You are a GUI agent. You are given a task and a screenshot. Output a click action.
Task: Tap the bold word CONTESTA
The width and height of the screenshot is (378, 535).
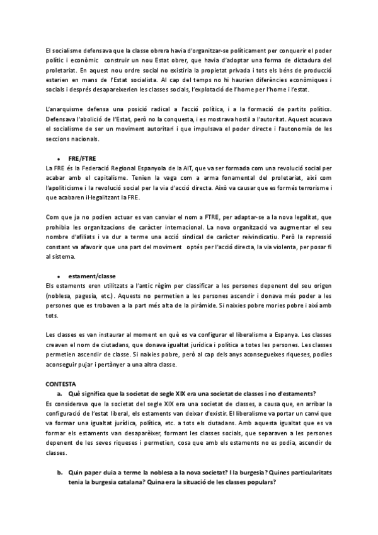click(60, 384)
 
